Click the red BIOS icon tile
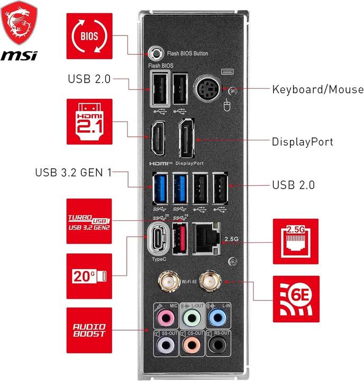[x=89, y=35]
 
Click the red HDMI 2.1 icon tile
[x=89, y=121]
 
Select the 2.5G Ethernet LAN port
[x=206, y=237]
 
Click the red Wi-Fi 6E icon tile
[x=296, y=298]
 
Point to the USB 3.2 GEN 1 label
[x=73, y=172]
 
